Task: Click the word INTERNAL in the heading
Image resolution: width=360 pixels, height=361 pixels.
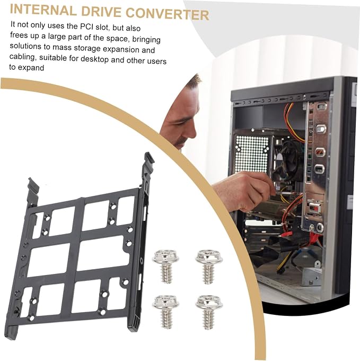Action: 43,10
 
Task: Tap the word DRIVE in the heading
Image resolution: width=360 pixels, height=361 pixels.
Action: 101,12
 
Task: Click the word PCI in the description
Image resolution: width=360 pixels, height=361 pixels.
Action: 86,27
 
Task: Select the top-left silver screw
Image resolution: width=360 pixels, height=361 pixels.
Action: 165,266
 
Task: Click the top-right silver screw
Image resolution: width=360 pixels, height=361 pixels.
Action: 209,267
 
